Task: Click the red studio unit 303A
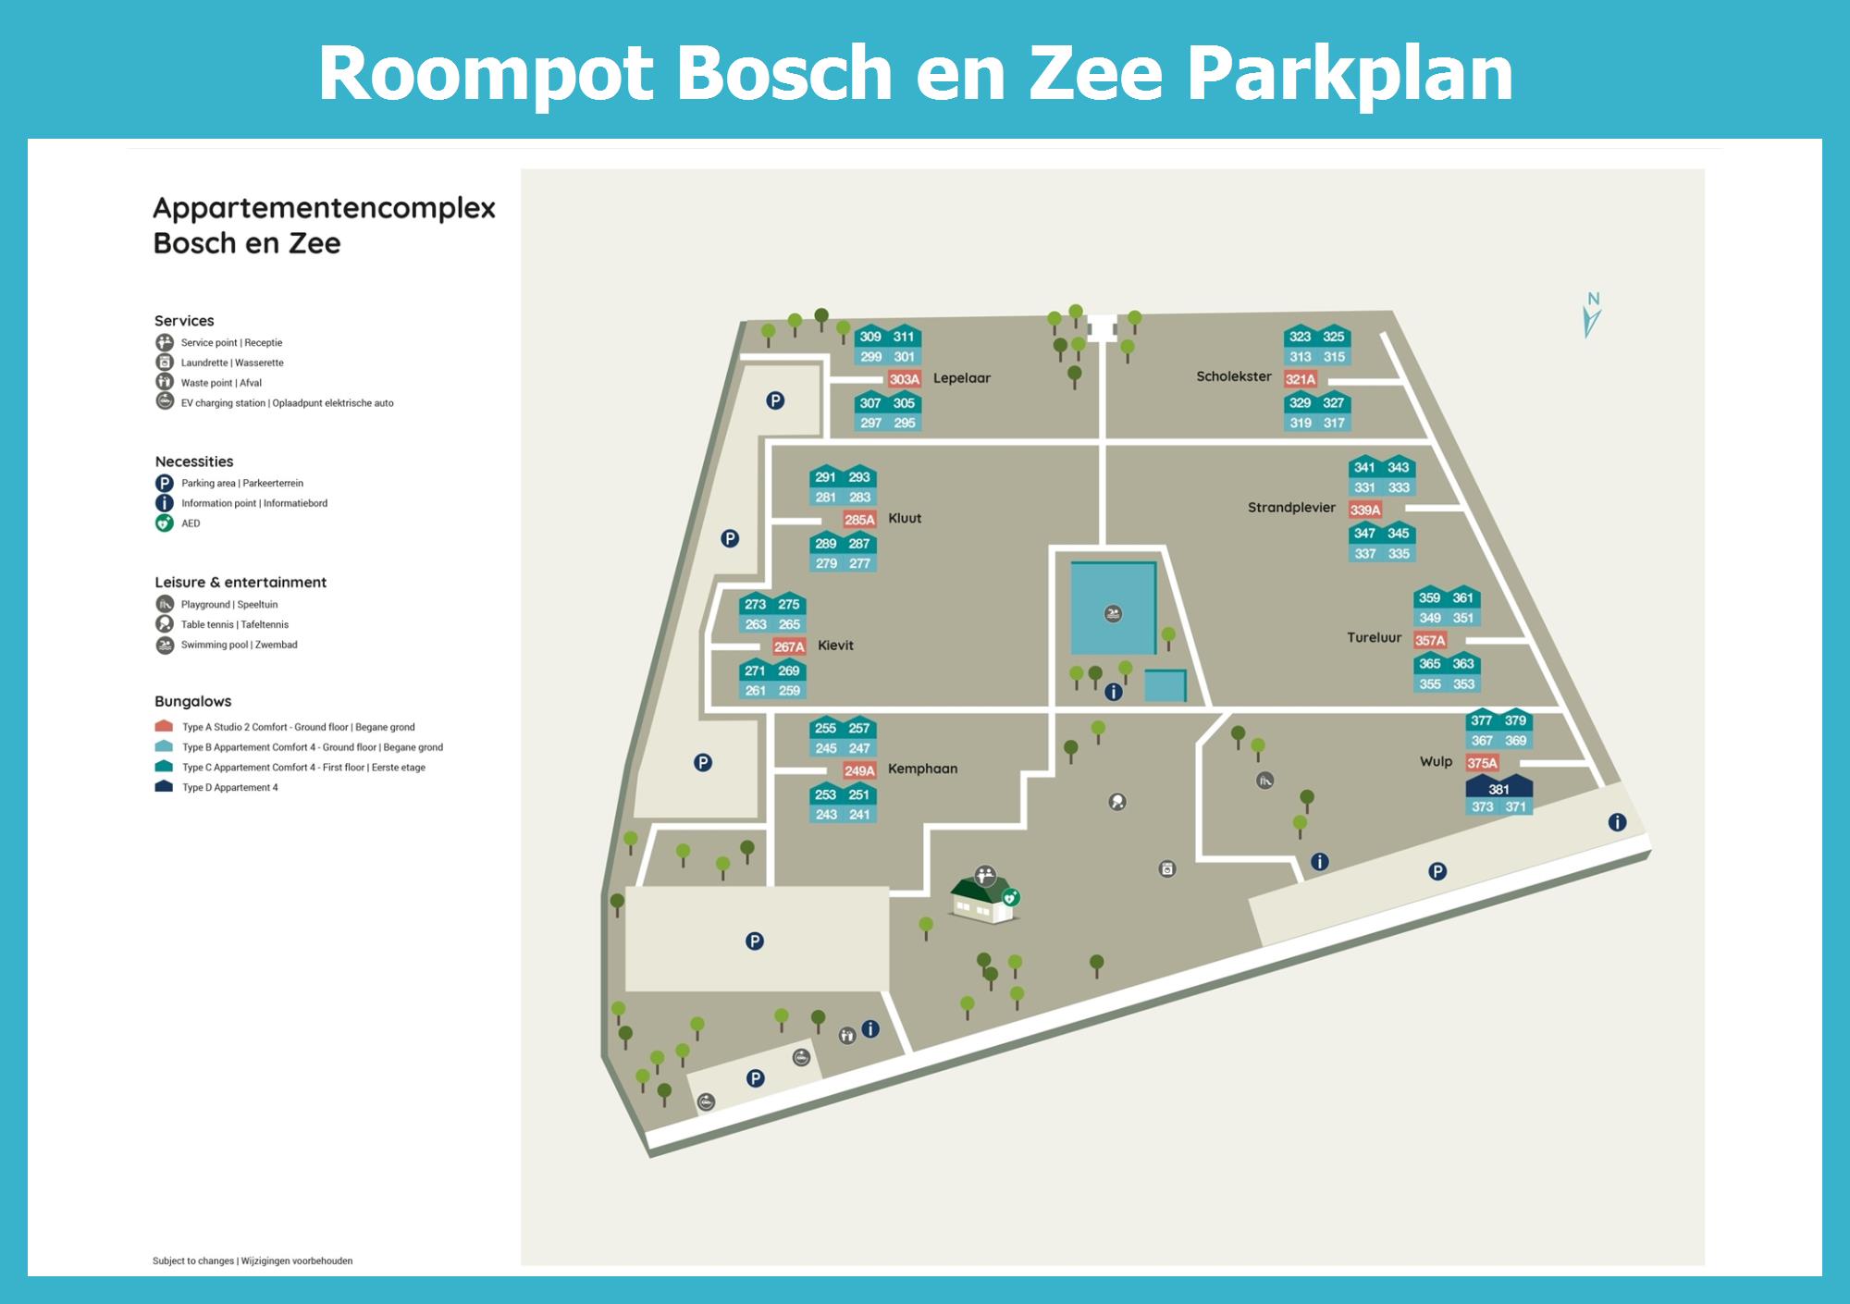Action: [x=904, y=379]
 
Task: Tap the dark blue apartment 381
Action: [x=1499, y=788]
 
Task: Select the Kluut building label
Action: [x=905, y=519]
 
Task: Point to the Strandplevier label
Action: [x=1291, y=508]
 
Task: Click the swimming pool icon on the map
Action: [x=1114, y=613]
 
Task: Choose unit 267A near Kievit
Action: [x=789, y=646]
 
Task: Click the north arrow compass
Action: [x=1592, y=315]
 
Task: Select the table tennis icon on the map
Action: [x=1117, y=802]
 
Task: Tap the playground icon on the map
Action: [x=1265, y=781]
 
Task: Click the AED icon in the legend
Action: [x=165, y=523]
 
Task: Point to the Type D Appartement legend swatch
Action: [x=164, y=787]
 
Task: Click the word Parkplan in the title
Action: [x=1350, y=74]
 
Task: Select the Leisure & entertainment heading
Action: [x=240, y=583]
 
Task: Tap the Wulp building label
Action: [x=1437, y=762]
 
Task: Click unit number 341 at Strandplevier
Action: [x=1364, y=468]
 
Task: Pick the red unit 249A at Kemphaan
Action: [x=859, y=770]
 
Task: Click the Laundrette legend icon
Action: [x=165, y=363]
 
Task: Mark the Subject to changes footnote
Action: [x=253, y=1261]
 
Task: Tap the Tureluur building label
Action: [x=1374, y=638]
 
